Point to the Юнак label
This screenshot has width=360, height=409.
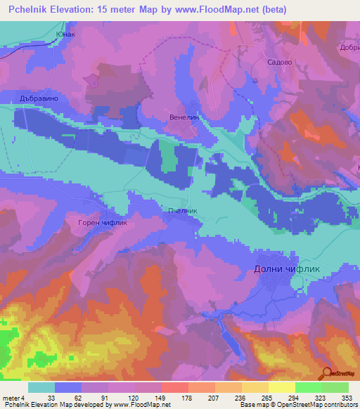click(x=64, y=33)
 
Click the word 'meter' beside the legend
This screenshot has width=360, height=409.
click(x=11, y=397)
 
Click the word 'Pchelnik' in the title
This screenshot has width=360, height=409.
click(x=29, y=9)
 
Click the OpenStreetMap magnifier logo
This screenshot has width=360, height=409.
click(x=328, y=374)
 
